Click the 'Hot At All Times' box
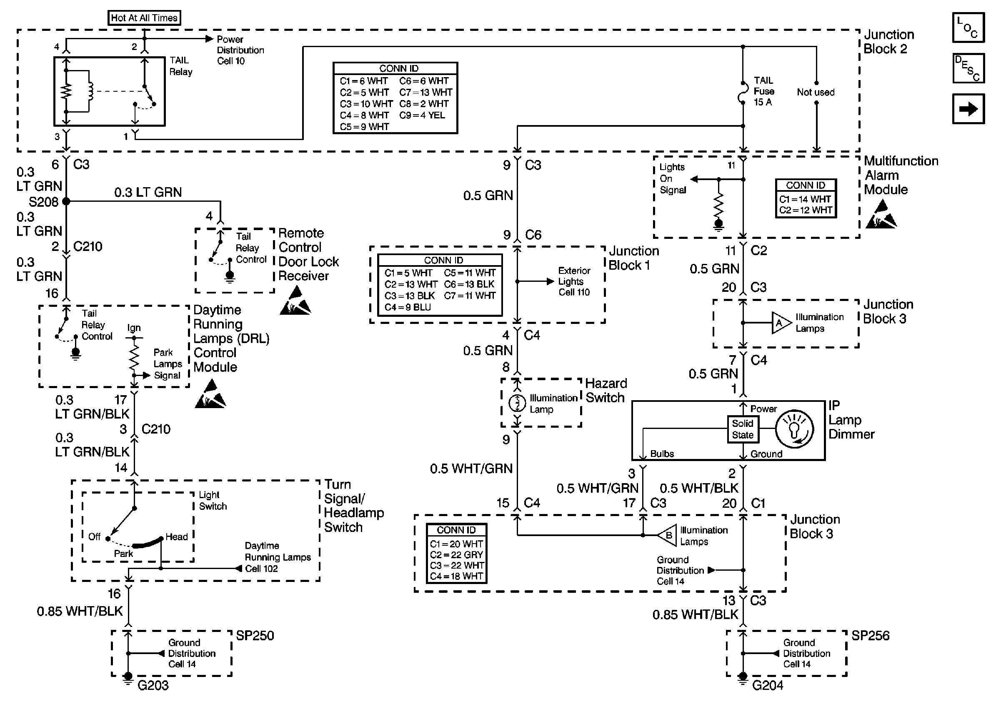click(x=144, y=18)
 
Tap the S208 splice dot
click(x=66, y=201)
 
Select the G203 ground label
click(x=153, y=685)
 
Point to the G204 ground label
click(x=768, y=685)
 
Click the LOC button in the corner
click(x=968, y=28)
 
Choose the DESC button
click(x=968, y=68)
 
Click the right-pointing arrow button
click(x=968, y=108)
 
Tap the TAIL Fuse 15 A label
click(x=764, y=91)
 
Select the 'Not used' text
click(x=815, y=93)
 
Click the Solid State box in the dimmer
click(x=743, y=429)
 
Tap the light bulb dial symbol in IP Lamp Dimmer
click(x=794, y=429)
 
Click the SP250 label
click(x=255, y=636)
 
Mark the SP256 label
click(x=870, y=636)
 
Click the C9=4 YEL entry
click(x=422, y=115)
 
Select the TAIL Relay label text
click(x=180, y=66)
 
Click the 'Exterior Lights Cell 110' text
click(x=574, y=282)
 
